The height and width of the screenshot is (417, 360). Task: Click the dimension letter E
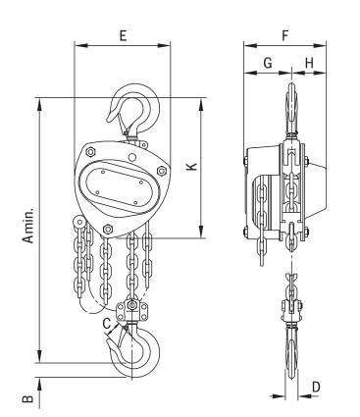(x=123, y=35)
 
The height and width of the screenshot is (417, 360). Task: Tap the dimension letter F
(x=285, y=35)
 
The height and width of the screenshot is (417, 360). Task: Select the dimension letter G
(x=268, y=62)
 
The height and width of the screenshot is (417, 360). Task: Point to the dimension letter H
(x=309, y=62)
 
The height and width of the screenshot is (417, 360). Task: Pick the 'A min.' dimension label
(x=28, y=224)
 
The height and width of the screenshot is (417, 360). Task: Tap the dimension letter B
(x=27, y=399)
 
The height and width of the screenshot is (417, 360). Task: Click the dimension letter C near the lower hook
(x=107, y=324)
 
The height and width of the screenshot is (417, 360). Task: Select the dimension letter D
(x=316, y=387)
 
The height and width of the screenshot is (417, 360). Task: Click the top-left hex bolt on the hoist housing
(x=90, y=152)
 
